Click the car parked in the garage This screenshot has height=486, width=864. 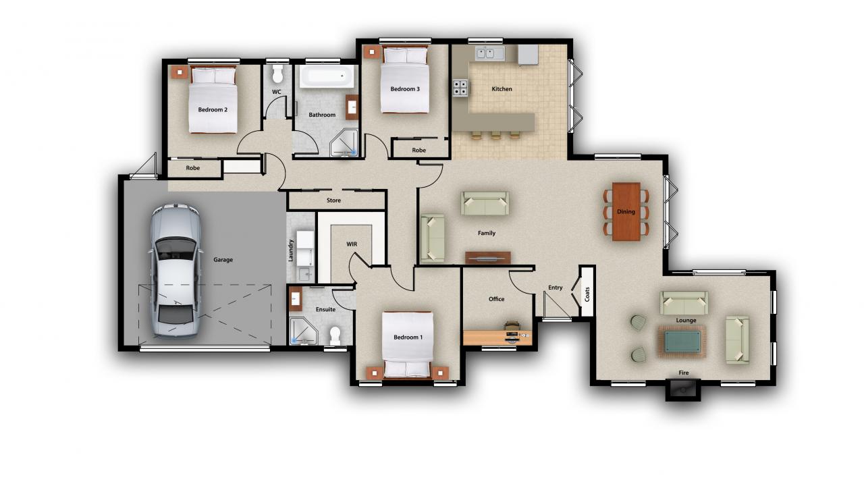176,271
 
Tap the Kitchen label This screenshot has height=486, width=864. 502,89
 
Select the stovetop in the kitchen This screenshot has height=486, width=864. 460,88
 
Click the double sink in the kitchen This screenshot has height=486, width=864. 489,53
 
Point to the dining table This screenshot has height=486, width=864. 626,211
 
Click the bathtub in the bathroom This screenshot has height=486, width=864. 327,76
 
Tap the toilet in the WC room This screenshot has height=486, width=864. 277,74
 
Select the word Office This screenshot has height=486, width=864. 496,299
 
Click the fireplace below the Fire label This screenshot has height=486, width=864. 682,389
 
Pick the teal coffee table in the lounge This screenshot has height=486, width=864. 682,342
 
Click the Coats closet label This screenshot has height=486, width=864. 587,294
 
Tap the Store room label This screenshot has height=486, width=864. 333,200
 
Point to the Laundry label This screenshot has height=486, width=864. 291,250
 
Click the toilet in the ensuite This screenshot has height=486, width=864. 335,336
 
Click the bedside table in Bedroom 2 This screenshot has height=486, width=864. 180,72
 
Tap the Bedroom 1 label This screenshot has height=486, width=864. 408,337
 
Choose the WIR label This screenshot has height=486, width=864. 352,244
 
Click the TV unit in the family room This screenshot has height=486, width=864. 488,258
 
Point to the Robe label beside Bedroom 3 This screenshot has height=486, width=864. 419,150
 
